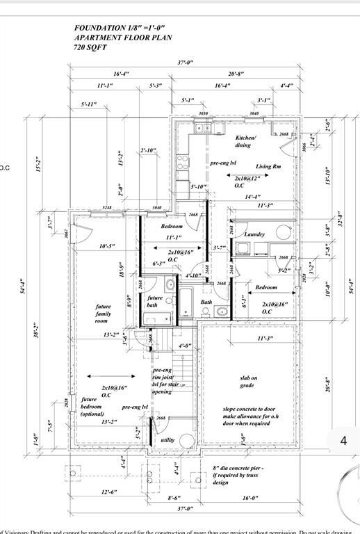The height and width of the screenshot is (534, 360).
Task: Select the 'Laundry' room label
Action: [x=254, y=234]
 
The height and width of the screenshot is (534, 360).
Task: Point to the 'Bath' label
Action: [x=206, y=302]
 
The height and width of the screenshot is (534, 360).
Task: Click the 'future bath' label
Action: [x=154, y=301]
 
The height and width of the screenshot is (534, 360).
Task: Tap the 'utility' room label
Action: [x=168, y=440]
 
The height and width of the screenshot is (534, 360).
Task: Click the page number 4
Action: [x=343, y=440]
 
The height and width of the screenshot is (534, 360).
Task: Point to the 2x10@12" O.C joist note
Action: [x=248, y=181]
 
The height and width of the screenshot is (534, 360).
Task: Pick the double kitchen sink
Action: [x=204, y=128]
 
